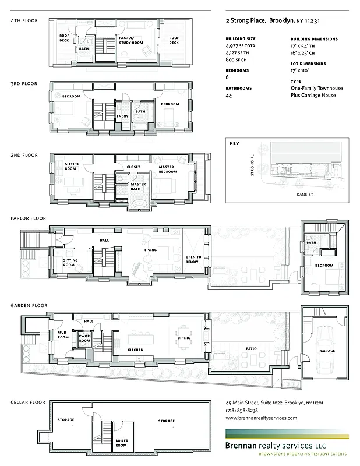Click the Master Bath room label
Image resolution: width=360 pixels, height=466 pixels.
[138, 186]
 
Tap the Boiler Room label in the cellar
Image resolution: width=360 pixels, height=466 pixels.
[122, 442]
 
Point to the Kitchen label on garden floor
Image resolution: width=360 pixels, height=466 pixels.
[136, 349]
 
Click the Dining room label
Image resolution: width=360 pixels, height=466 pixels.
[183, 337]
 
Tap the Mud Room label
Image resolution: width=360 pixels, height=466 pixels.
[63, 335]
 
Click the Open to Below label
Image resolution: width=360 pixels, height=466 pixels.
[193, 259]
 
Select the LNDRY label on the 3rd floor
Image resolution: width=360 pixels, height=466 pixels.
[122, 116]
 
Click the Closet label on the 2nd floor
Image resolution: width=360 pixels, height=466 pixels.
[133, 167]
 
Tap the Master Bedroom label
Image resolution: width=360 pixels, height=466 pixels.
[167, 170]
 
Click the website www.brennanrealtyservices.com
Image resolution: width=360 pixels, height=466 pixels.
[261, 418]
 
